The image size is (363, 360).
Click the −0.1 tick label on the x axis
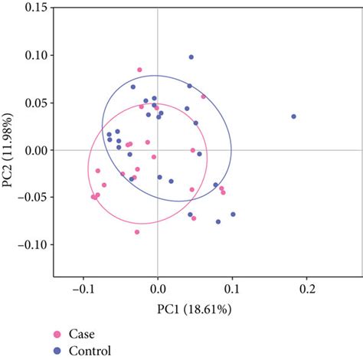[x=81, y=291]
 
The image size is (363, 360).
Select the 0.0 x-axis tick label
[x=158, y=291]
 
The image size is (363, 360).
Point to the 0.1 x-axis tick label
[x=233, y=291]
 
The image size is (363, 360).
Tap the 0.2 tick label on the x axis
[x=308, y=291]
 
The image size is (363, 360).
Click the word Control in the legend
[x=90, y=351]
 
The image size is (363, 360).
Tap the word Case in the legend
[x=81, y=335]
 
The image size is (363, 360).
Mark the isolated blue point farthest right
[x=293, y=116]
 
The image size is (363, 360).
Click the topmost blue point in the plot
[x=191, y=57]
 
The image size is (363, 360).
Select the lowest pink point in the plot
[x=137, y=231]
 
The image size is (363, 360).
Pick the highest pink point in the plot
[x=139, y=70]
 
